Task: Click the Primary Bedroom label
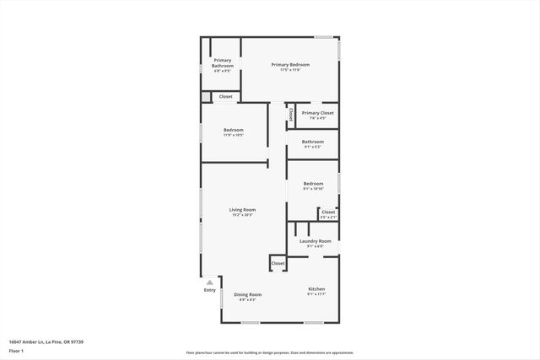click(290, 65)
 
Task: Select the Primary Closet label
click(317, 113)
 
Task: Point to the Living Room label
click(242, 209)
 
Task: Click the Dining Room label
click(248, 294)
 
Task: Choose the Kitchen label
click(316, 289)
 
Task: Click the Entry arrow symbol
click(209, 282)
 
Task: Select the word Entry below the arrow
click(209, 290)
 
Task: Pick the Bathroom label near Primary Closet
click(313, 141)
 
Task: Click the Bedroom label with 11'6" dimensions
click(234, 130)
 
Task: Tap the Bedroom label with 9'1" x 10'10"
click(313, 183)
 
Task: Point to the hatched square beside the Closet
click(206, 97)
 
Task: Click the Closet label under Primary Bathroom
click(225, 97)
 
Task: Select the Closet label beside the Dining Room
click(278, 264)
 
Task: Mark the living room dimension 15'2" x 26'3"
click(242, 215)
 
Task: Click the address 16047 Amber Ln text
click(46, 341)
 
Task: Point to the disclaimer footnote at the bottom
click(269, 352)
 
